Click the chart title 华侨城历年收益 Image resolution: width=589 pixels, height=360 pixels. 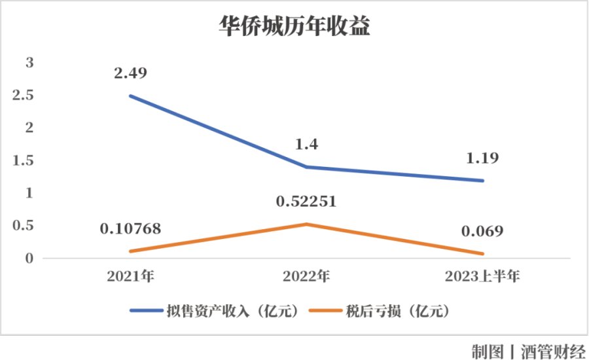click(x=294, y=28)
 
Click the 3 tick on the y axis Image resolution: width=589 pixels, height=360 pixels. click(x=29, y=63)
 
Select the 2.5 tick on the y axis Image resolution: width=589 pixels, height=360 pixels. click(x=24, y=96)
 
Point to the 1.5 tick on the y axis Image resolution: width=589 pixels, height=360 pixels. click(x=24, y=160)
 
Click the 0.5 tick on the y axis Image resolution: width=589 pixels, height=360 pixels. click(x=24, y=226)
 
